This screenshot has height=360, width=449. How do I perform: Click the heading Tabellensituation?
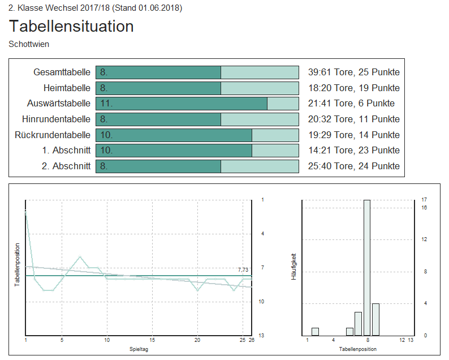71,26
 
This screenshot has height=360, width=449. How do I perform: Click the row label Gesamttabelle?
62,72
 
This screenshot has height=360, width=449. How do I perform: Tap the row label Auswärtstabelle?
58,104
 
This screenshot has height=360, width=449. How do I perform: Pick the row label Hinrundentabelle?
56,119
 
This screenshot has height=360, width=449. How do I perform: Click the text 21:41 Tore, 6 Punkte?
351,104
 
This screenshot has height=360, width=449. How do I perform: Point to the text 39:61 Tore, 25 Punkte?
353,72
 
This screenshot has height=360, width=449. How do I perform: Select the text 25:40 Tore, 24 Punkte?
353,166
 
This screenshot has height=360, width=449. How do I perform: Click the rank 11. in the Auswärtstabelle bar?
106,104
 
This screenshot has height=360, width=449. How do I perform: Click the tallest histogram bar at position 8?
367,267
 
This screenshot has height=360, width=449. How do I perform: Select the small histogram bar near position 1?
315,332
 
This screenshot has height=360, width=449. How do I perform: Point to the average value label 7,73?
243,269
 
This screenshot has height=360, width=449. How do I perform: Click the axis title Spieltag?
139,350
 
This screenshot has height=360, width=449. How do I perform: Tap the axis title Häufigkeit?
293,267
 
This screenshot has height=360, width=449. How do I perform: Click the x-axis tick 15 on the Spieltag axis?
152,340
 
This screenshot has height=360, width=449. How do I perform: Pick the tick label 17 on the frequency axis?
424,200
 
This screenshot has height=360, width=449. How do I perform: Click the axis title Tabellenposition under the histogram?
358,350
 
